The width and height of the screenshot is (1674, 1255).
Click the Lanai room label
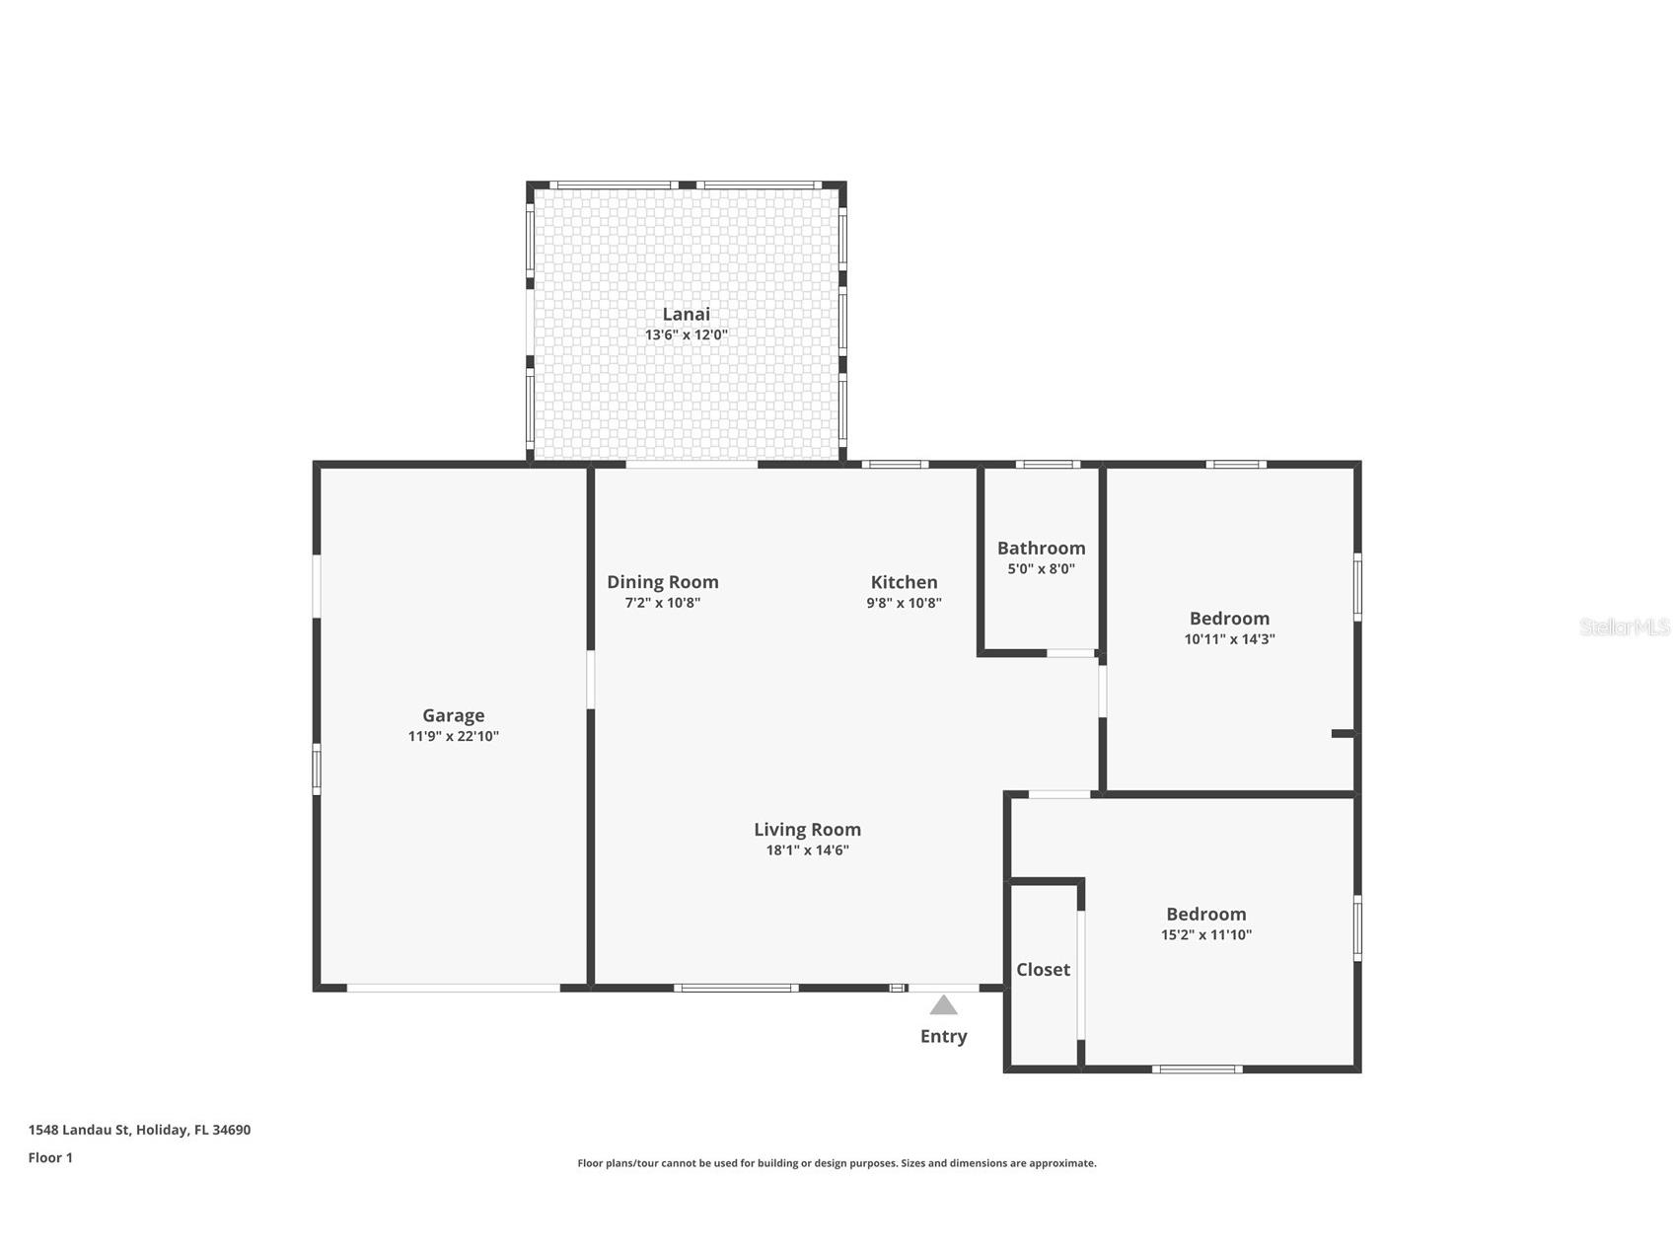[x=686, y=314]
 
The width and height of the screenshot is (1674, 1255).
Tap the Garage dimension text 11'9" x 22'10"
[x=454, y=736]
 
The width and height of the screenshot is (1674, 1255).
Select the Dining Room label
[x=662, y=582]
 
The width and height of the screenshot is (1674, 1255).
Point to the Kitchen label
[x=904, y=582]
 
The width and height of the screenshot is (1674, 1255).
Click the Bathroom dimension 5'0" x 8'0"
[x=1041, y=569]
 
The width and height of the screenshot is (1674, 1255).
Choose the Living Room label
[x=807, y=830]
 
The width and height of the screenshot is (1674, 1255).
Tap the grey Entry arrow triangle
[x=943, y=1005]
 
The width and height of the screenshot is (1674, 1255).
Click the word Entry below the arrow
[x=943, y=1036]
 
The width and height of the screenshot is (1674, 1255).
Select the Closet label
[x=1043, y=970]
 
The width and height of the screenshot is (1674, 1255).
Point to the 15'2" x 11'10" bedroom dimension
[x=1205, y=935]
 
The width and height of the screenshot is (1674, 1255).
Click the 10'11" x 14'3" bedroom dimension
[x=1229, y=639]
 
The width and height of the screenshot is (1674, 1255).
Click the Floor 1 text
[x=50, y=1158]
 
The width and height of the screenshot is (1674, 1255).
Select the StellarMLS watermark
[x=1624, y=627]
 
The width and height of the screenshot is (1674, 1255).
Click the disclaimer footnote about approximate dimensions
[x=837, y=1163]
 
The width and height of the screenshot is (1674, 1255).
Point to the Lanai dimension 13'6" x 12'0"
[x=686, y=335]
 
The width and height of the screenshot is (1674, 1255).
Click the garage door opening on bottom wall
[x=453, y=988]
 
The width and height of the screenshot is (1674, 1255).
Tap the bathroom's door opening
[x=1070, y=653]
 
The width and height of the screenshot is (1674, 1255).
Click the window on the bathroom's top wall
[x=1048, y=464]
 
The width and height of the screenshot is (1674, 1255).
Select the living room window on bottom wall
[x=736, y=988]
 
